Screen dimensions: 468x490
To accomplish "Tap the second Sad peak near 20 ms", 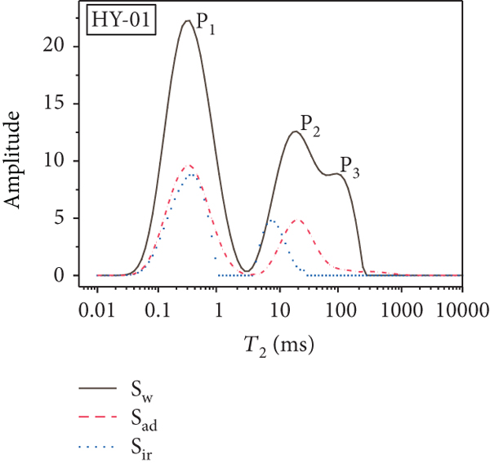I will point(298,221).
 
